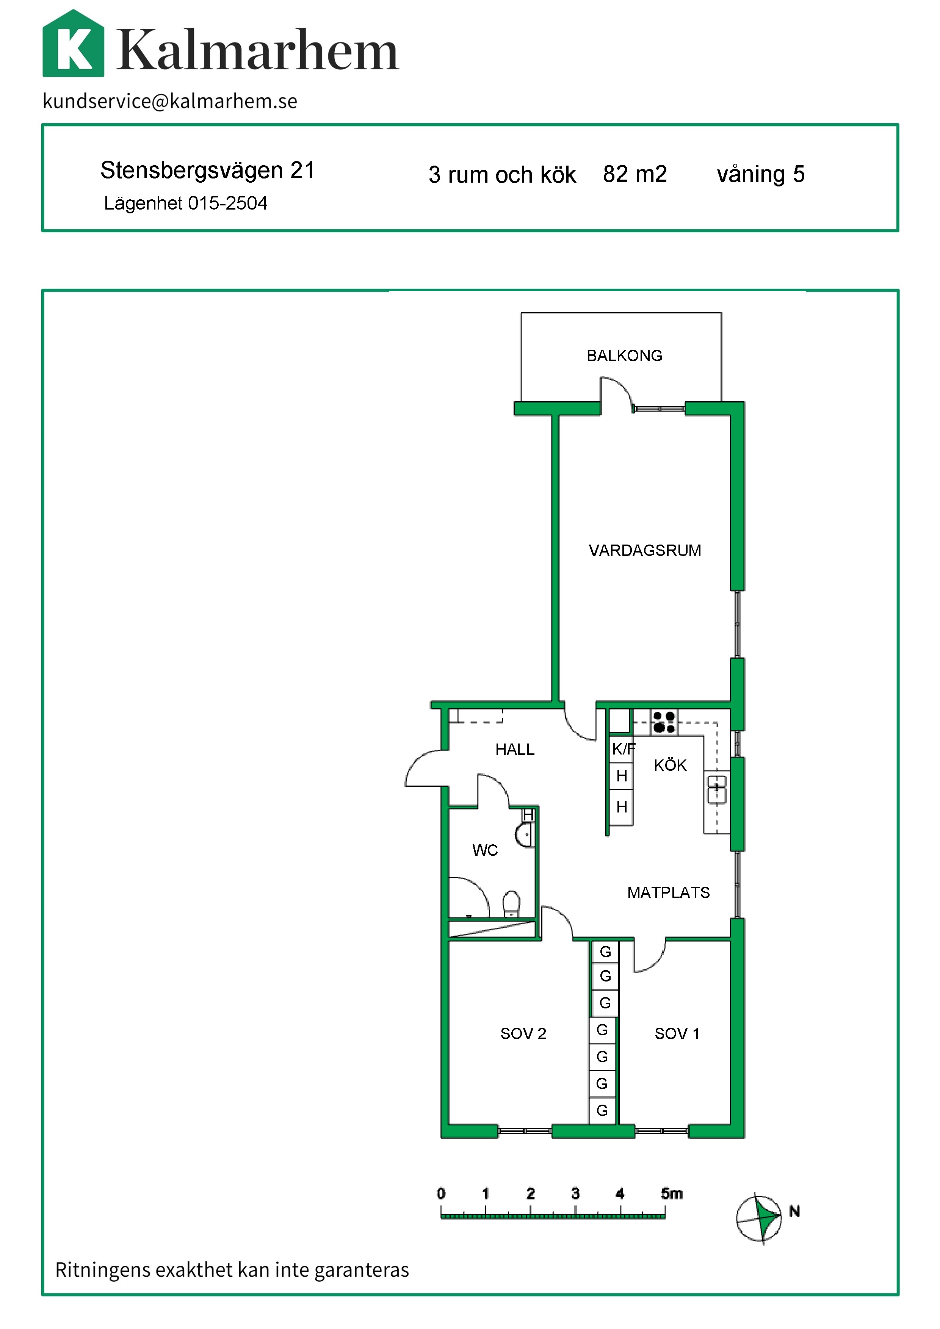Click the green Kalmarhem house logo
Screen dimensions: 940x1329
pyautogui.click(x=74, y=44)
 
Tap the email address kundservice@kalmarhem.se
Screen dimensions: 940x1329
pyautogui.click(x=170, y=101)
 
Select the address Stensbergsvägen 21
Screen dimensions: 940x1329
pyautogui.click(x=207, y=170)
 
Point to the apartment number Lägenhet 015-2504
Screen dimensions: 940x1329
pyautogui.click(x=185, y=203)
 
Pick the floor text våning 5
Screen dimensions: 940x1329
pyautogui.click(x=761, y=174)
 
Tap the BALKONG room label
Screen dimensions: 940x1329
pyautogui.click(x=625, y=355)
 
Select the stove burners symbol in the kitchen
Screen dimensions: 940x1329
pyautogui.click(x=664, y=722)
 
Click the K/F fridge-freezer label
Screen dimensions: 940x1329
pyautogui.click(x=624, y=749)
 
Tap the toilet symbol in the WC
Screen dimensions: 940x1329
pyautogui.click(x=511, y=903)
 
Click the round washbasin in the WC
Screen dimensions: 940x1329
pyautogui.click(x=525, y=835)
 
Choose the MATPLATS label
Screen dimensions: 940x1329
pyautogui.click(x=669, y=892)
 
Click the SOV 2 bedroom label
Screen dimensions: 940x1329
pyautogui.click(x=523, y=1034)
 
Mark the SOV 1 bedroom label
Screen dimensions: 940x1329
pyautogui.click(x=677, y=1034)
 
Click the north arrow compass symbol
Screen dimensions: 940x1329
pyautogui.click(x=760, y=1218)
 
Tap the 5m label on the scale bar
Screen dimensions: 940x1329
pyautogui.click(x=672, y=1194)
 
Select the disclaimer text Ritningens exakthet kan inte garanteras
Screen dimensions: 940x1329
pyautogui.click(x=232, y=1270)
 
